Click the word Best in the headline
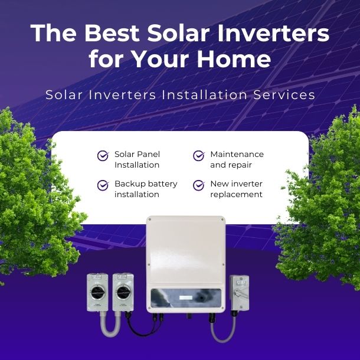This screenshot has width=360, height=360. (118, 34)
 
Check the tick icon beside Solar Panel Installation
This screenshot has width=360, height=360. (103, 156)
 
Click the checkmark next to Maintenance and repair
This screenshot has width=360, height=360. (199, 156)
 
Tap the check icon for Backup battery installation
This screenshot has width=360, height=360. (103, 185)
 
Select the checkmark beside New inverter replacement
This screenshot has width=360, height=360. (199, 185)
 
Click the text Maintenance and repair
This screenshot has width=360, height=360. (237, 159)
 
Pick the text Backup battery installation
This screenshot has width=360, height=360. (146, 189)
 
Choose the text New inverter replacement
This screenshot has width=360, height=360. (236, 189)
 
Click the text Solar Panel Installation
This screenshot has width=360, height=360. (137, 159)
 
